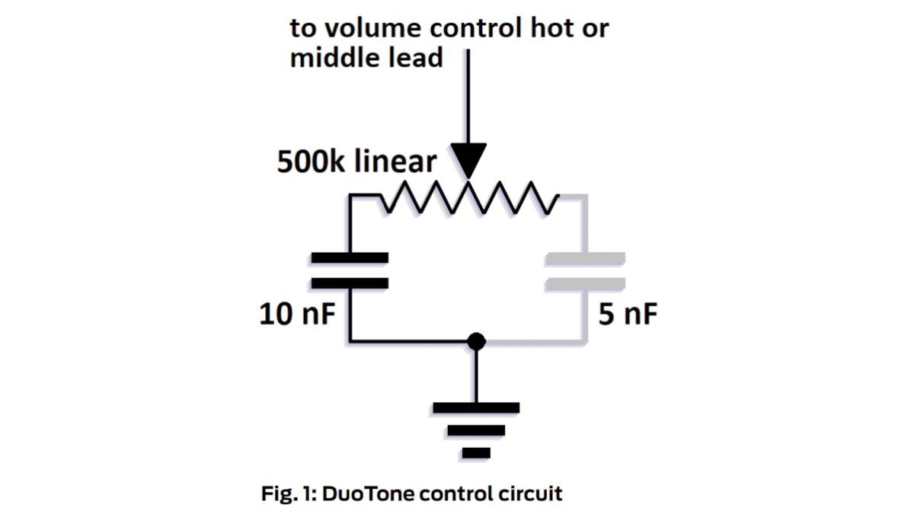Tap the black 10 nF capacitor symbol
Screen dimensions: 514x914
350,271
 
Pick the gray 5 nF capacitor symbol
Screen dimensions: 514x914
585,271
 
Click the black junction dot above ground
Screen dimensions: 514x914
476,341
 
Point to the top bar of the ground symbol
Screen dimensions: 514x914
476,407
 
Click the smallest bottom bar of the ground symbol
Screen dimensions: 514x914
476,454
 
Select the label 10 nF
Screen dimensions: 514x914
297,314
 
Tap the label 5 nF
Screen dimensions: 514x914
627,314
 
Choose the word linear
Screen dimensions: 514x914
398,161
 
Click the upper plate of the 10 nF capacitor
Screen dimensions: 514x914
350,259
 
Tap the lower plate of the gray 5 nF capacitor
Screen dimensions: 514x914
585,283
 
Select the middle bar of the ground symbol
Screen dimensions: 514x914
476,431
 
